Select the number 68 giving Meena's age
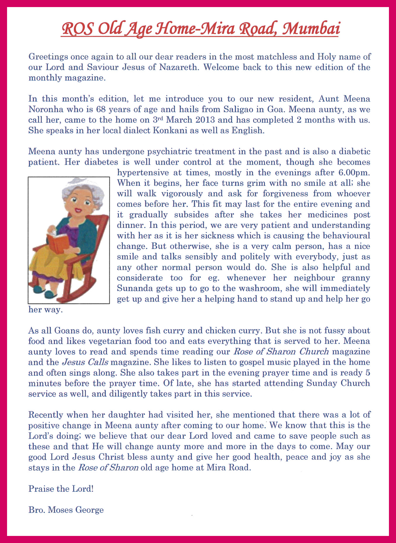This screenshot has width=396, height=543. tap(102, 109)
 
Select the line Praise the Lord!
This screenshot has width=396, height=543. tap(61, 489)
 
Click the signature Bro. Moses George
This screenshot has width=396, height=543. tap(66, 510)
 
